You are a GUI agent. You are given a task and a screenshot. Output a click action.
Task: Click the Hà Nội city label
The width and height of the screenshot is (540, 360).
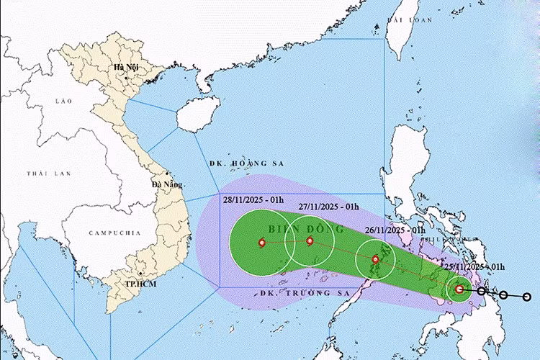[x=124, y=67]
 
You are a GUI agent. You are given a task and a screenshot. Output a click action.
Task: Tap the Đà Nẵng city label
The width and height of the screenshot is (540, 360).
[x=165, y=184]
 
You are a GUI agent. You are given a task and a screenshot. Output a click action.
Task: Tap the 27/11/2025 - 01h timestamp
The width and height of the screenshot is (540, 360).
[x=328, y=207]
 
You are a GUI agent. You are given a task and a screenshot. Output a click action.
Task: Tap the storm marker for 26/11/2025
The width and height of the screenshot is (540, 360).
[x=375, y=259]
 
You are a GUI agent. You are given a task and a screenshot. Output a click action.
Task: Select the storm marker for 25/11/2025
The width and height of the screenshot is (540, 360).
[x=459, y=289]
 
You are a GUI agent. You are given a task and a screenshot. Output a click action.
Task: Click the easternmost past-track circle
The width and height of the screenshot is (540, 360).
[x=527, y=296]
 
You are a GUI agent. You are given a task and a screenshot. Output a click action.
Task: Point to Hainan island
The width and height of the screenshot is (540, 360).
[x=196, y=115]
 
